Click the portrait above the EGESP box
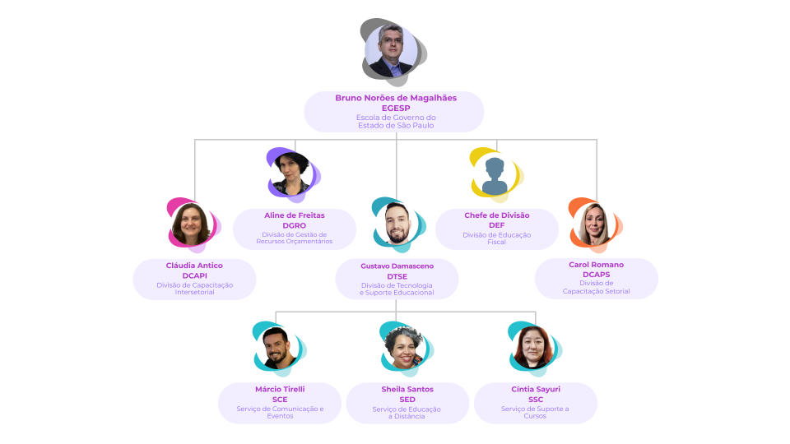[x=390, y=51]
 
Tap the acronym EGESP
[x=396, y=108]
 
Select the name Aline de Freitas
[x=295, y=215]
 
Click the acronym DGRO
[x=295, y=225]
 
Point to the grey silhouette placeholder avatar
[x=495, y=175]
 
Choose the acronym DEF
[x=496, y=225]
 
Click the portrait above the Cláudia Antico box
[x=191, y=224]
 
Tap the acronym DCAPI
[x=195, y=275]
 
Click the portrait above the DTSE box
[x=397, y=224]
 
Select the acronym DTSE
[x=397, y=276]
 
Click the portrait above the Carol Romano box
[x=594, y=224]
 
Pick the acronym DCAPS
[x=596, y=275]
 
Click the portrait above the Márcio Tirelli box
[x=276, y=347]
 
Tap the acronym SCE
[x=280, y=400]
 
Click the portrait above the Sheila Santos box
[x=404, y=347]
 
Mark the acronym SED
[x=407, y=400]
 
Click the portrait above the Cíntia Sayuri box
[x=532, y=347]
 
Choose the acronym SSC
[x=535, y=400]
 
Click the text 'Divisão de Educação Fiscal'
[x=496, y=238]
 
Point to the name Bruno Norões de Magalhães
[x=396, y=98]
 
